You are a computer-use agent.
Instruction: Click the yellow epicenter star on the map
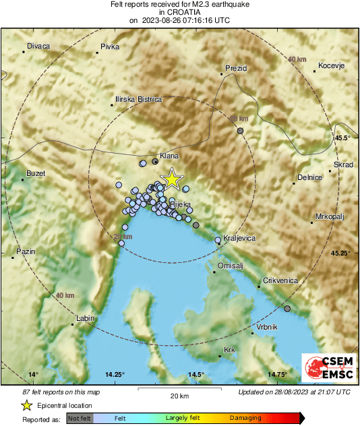(x=173, y=179)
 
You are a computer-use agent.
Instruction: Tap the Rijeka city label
(x=181, y=204)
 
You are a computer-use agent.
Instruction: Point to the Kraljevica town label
(x=239, y=239)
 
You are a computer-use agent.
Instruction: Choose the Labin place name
(x=85, y=318)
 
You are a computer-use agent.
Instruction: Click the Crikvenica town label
(x=280, y=280)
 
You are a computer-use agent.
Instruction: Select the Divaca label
(x=38, y=47)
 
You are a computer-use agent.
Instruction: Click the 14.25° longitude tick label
(x=115, y=374)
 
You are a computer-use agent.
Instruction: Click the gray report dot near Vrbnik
(x=288, y=309)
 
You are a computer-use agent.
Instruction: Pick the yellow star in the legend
(x=26, y=405)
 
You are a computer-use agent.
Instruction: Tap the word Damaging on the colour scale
(x=245, y=419)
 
